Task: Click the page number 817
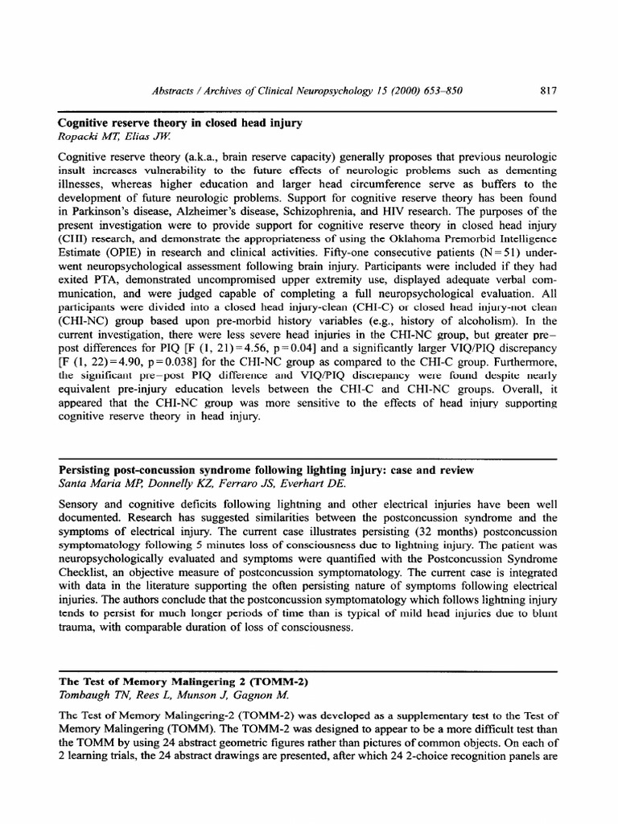click(549, 90)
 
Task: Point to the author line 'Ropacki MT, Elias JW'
click(103, 136)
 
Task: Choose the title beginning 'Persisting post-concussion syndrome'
click(266, 469)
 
